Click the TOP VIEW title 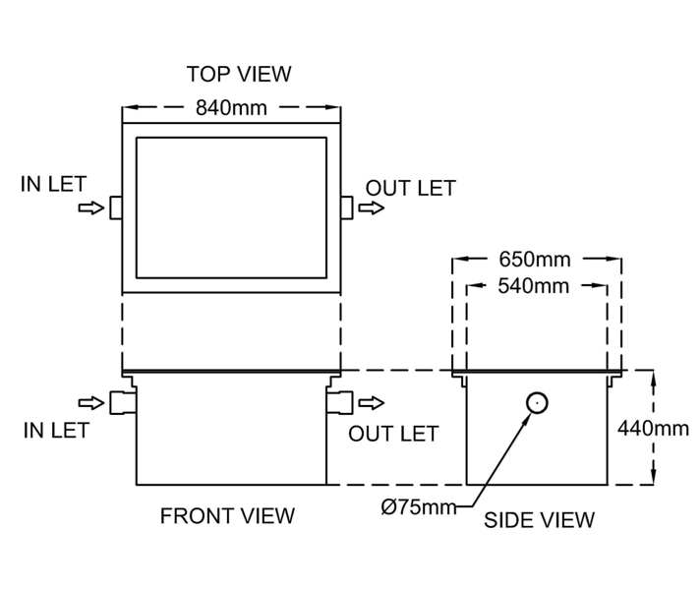pyautogui.click(x=239, y=74)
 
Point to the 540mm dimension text pyautogui.click(x=535, y=286)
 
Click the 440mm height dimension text pyautogui.click(x=653, y=428)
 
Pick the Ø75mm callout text pyautogui.click(x=419, y=507)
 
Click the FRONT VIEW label pyautogui.click(x=227, y=515)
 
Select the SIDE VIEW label pyautogui.click(x=539, y=520)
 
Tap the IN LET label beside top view pyautogui.click(x=53, y=184)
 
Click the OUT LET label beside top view pyautogui.click(x=411, y=188)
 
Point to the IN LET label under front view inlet pyautogui.click(x=56, y=430)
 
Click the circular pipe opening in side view pyautogui.click(x=537, y=402)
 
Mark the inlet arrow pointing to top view pyautogui.click(x=90, y=207)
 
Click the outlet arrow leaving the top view pyautogui.click(x=372, y=207)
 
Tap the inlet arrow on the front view pyautogui.click(x=90, y=402)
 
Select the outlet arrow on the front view pyautogui.click(x=372, y=402)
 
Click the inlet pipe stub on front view pyautogui.click(x=123, y=402)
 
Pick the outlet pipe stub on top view pyautogui.click(x=346, y=207)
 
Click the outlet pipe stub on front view pyautogui.click(x=339, y=402)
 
